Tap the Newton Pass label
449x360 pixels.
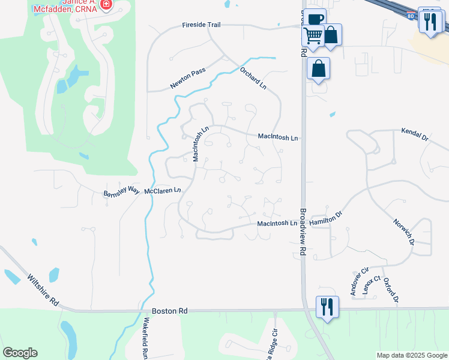tap(187, 79)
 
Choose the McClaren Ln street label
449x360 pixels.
tap(162, 191)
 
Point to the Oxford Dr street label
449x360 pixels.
tap(391, 290)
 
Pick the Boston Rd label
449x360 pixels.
tap(170, 311)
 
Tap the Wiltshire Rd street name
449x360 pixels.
tap(43, 290)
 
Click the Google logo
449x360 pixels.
tap(19, 353)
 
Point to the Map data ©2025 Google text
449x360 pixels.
tap(412, 355)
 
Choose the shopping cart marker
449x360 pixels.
tap(313, 36)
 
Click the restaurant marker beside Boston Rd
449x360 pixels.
tap(327, 307)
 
